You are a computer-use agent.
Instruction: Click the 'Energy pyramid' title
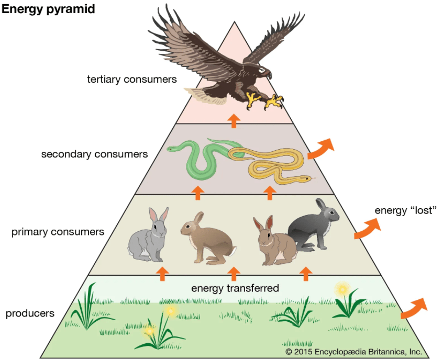tap(48, 9)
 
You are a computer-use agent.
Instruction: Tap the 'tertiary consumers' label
tap(132, 80)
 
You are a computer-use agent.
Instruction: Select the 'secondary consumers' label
tap(94, 154)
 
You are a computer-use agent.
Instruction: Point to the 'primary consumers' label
tap(58, 232)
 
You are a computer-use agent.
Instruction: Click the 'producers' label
tap(30, 313)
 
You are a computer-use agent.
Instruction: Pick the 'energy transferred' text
tap(235, 288)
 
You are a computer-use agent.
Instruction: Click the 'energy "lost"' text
tap(406, 210)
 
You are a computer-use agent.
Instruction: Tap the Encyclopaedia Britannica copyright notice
tap(354, 352)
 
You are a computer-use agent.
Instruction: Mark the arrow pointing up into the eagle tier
tap(234, 121)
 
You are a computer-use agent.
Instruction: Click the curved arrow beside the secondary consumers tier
tap(320, 149)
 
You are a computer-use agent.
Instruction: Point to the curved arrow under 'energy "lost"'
tap(367, 229)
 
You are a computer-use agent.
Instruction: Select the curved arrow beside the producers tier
tap(414, 308)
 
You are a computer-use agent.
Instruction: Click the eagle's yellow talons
tap(264, 101)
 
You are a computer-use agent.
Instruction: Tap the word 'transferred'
tap(253, 288)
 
